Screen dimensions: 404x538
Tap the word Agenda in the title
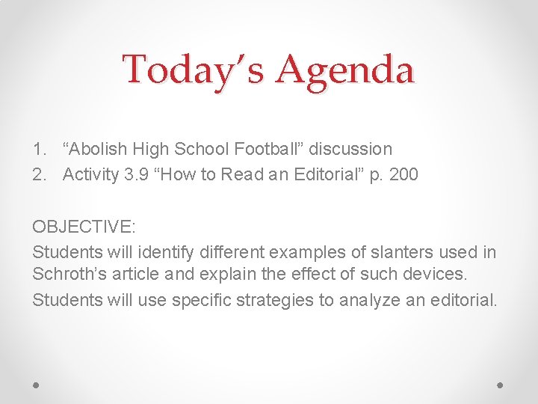[x=345, y=70]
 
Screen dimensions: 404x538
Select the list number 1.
[x=39, y=150]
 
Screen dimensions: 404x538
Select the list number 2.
[x=39, y=174]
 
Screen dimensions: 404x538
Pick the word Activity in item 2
[x=90, y=174]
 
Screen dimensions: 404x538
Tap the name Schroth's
[x=67, y=274]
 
